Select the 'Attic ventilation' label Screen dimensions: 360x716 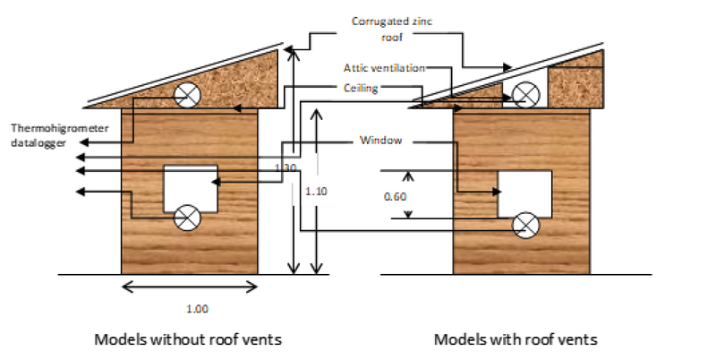tap(384, 68)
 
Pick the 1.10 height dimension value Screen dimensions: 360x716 tap(317, 191)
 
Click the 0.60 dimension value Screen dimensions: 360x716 tap(395, 195)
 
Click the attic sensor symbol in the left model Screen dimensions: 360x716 tap(187, 96)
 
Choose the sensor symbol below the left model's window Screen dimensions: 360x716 tap(188, 216)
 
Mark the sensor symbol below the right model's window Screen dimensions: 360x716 tap(525, 226)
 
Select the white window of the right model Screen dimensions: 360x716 tap(524, 194)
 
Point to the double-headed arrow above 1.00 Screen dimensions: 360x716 tap(190, 287)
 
